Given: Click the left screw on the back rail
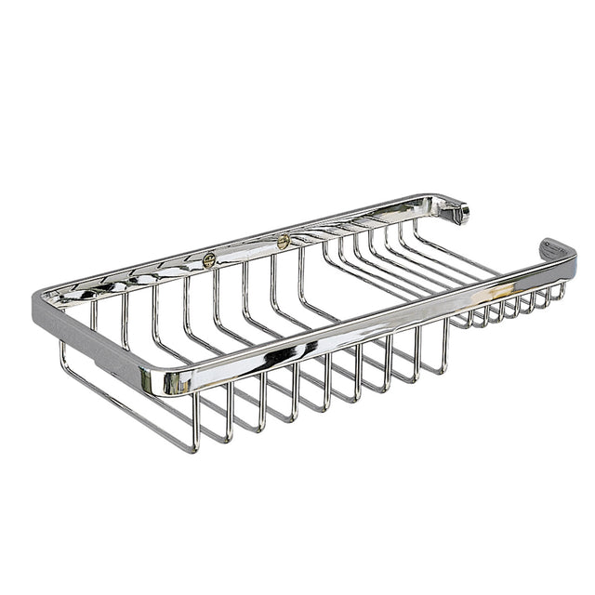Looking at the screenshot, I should tap(209, 261).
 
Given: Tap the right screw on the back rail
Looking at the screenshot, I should tap(284, 243).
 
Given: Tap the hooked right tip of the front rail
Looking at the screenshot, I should tap(558, 251).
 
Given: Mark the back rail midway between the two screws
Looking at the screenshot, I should tap(246, 252).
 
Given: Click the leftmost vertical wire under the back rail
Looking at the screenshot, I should tap(94, 316).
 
